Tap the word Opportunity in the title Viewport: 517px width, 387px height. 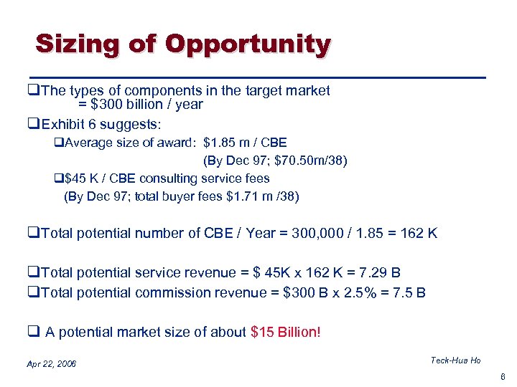(x=247, y=44)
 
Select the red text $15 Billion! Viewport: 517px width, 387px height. (x=286, y=331)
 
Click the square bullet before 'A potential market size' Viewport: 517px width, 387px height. (x=32, y=332)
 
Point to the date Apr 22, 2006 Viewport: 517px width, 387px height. (x=51, y=365)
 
